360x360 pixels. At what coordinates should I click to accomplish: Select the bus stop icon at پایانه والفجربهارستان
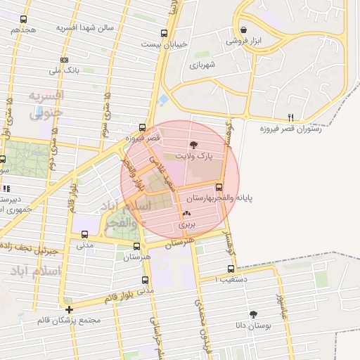pyautogui.click(x=219, y=188)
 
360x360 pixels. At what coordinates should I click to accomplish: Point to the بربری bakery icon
pyautogui.click(x=186, y=214)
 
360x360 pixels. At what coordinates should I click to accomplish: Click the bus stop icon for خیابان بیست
pyautogui.click(x=164, y=33)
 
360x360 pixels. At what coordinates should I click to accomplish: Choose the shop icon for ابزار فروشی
pyautogui.click(x=243, y=30)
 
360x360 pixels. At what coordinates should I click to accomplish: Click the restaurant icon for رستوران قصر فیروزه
pyautogui.click(x=291, y=117)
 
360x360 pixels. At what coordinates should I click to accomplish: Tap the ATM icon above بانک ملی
pyautogui.click(x=65, y=60)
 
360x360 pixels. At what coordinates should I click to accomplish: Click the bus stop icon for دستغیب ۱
pyautogui.click(x=231, y=269)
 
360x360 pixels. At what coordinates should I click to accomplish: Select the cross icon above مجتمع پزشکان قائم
pyautogui.click(x=69, y=309)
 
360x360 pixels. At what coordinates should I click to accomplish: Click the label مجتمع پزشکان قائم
pyautogui.click(x=70, y=321)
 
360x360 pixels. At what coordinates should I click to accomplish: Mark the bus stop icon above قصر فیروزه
pyautogui.click(x=143, y=127)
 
